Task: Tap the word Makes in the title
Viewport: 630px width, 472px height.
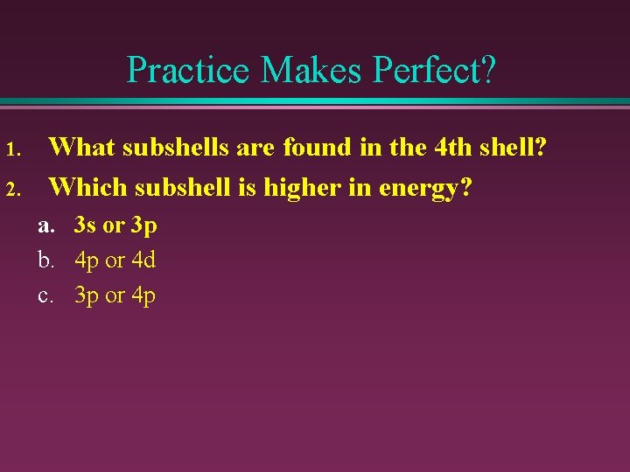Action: point(301,69)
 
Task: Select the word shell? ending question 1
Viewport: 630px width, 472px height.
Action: point(516,147)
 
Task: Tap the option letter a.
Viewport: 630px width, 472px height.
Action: point(45,226)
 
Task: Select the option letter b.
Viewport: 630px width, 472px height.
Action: point(45,260)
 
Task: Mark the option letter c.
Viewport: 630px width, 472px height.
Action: point(45,295)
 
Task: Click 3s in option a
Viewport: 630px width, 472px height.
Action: point(86,226)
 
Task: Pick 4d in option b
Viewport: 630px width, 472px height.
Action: point(142,260)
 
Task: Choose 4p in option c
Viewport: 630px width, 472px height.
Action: point(143,296)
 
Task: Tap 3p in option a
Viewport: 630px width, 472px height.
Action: point(143,226)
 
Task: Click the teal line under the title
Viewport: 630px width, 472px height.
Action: point(315,102)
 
